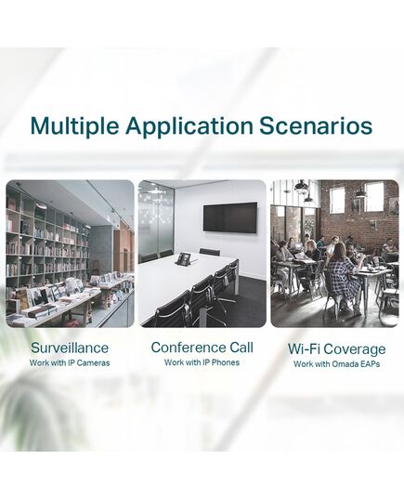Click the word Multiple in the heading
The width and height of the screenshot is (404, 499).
click(74, 126)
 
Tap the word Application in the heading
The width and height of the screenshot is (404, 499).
click(189, 126)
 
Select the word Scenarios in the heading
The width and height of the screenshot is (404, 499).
click(316, 125)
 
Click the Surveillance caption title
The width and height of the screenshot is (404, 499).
click(70, 348)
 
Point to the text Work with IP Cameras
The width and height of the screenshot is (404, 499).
click(70, 362)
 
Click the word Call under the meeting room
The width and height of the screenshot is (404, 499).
click(241, 348)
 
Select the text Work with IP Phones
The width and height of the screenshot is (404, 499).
click(202, 362)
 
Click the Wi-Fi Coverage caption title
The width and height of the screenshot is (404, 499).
click(336, 349)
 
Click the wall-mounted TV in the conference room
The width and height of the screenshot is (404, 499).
click(230, 217)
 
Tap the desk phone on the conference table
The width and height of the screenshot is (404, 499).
click(184, 258)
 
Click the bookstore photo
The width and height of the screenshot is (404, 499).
click(70, 254)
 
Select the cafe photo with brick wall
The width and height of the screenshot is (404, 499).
click(334, 254)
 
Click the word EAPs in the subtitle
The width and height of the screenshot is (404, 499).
click(370, 364)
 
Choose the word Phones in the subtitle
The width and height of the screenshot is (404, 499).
click(226, 362)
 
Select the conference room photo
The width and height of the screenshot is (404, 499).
click(202, 254)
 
